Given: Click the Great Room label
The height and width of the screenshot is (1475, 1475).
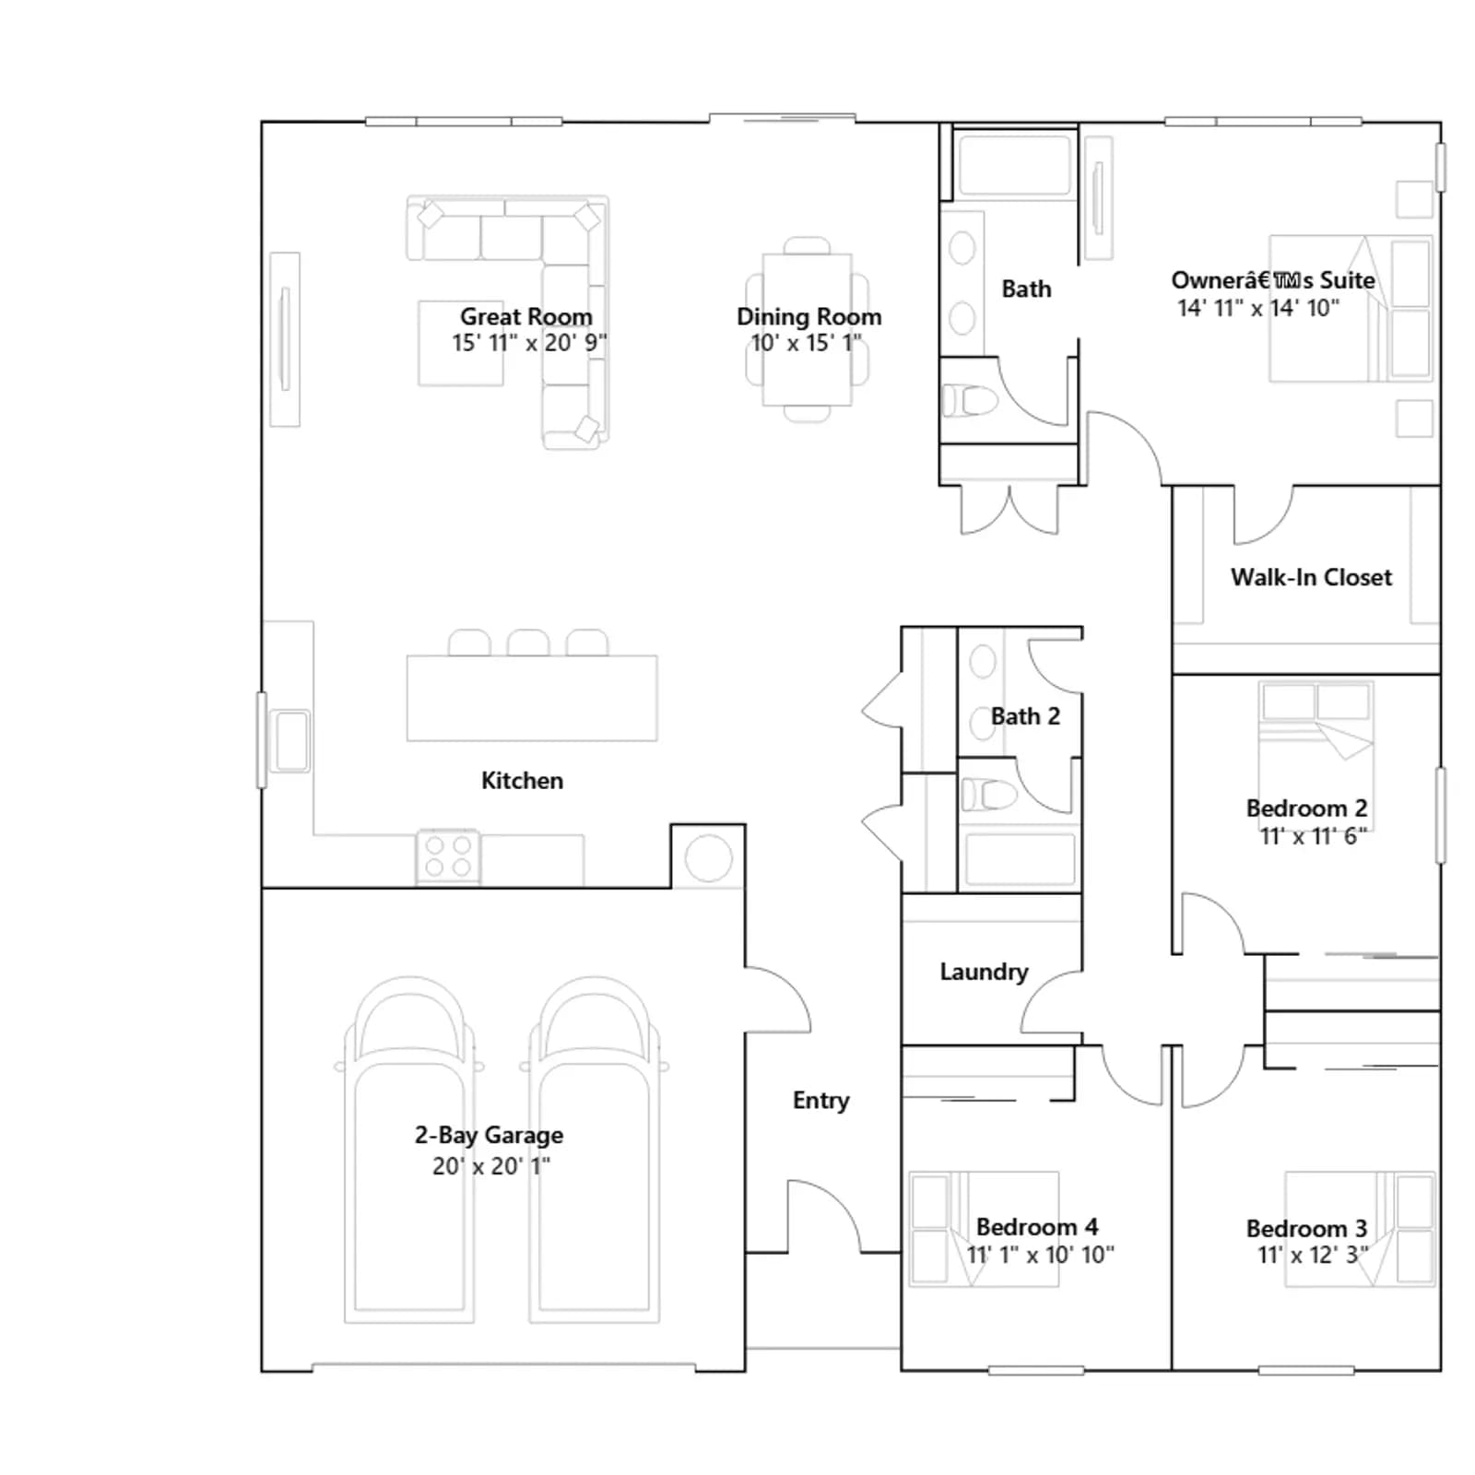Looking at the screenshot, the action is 526,316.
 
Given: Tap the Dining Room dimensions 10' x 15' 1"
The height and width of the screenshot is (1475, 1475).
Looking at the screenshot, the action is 806,343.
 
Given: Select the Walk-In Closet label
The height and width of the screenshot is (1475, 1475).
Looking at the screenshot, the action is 1311,577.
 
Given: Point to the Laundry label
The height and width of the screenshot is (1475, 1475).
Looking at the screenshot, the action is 984,972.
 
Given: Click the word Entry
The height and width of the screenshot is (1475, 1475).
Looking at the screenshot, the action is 820,1100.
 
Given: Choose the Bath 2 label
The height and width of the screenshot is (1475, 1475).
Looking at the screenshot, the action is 1025,716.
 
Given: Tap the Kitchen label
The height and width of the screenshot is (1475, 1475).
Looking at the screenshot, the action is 522,781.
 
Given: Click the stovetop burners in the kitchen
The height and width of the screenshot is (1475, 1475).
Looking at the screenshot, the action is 448,856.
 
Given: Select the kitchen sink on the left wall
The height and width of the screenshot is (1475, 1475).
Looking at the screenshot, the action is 291,740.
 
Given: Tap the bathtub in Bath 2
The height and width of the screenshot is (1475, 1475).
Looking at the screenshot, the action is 1020,859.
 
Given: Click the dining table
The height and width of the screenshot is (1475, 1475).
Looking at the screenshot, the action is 807,330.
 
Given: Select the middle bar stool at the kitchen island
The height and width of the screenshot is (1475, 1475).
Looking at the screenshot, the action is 528,643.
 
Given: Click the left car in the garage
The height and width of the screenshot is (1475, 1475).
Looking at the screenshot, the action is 410,1150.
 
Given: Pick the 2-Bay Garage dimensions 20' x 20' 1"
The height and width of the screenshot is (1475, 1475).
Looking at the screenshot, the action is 491,1166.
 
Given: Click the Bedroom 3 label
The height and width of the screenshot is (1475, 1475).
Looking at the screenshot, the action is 1306,1229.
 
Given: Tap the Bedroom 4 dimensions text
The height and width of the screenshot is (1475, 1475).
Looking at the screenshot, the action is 1040,1255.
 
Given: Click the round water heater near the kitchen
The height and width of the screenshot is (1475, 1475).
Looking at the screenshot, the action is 708,858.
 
